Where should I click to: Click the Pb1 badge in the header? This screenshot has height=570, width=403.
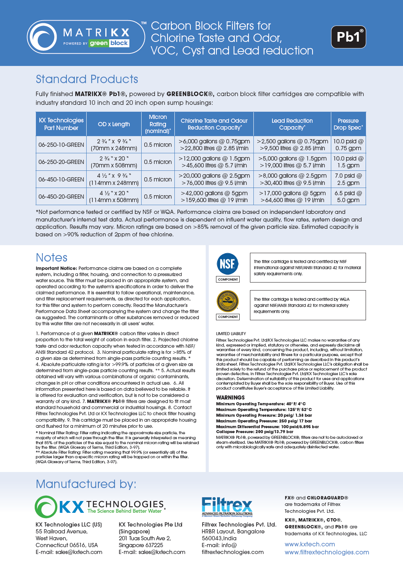[348, 37]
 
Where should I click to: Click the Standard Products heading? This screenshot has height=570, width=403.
[87, 79]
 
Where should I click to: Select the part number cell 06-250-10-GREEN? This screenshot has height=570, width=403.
[61, 145]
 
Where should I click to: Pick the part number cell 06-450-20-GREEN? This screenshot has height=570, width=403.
[61, 197]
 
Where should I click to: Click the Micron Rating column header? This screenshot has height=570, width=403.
[158, 124]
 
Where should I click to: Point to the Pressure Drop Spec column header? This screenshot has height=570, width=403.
[348, 124]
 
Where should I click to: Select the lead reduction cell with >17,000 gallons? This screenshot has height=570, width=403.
[292, 197]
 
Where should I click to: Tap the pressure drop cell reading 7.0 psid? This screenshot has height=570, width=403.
[348, 179]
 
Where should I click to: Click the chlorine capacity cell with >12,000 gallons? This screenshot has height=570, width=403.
[214, 162]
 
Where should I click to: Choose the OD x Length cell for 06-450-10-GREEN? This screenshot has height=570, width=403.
[114, 179]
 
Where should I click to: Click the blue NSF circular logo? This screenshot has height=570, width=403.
[227, 263]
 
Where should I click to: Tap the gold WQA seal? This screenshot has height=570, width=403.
[227, 301]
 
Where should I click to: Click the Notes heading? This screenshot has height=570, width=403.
[52, 258]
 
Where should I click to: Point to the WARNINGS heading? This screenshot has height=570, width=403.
[231, 397]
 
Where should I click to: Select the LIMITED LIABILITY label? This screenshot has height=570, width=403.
[231, 334]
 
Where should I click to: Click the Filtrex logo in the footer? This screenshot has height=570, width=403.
[227, 507]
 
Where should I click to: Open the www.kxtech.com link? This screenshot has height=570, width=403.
[310, 544]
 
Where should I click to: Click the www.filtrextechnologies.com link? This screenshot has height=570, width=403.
[327, 552]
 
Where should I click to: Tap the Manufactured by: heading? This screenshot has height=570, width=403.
[86, 484]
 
